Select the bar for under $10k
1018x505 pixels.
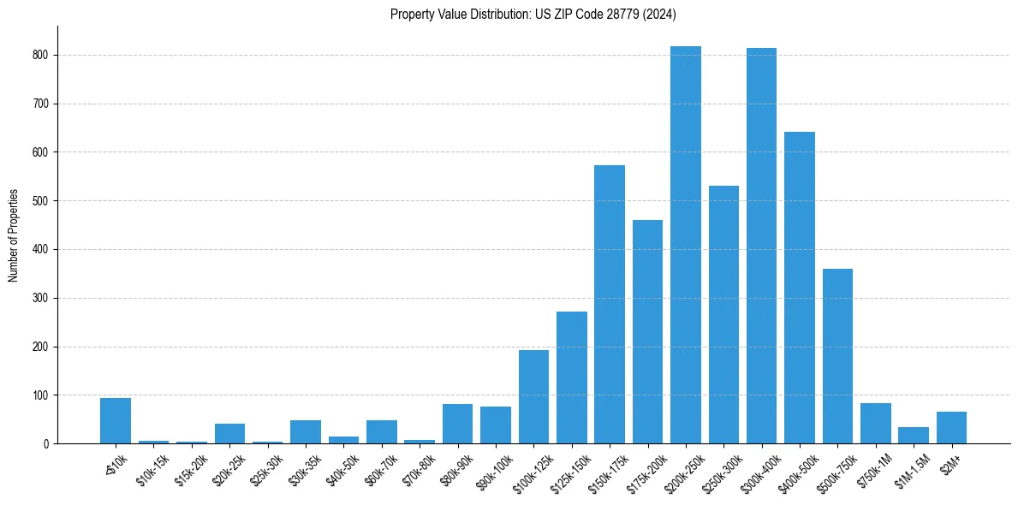coord(116,421)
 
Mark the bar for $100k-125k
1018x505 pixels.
coord(533,397)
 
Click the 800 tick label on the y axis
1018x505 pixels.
coord(40,55)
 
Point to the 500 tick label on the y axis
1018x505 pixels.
coord(40,201)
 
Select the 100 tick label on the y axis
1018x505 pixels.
coord(40,395)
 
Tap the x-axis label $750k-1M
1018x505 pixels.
coord(872,471)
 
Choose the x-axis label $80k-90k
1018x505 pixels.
coord(455,471)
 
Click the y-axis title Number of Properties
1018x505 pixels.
coord(14,235)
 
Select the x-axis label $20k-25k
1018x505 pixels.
coord(227,471)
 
